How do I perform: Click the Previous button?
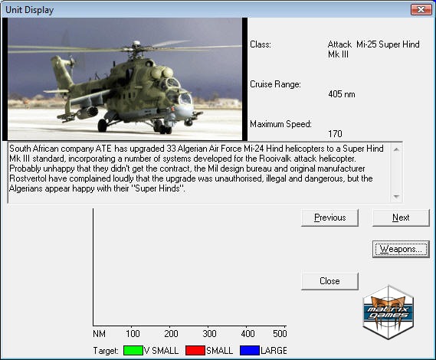point(329,218)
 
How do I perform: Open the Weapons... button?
point(401,249)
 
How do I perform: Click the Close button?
point(329,281)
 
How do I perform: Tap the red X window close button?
point(421,10)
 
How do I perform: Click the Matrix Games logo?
point(388,313)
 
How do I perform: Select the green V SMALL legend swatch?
point(133,351)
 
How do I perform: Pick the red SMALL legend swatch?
point(195,351)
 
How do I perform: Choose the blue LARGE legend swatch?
point(250,351)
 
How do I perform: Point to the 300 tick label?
point(209,334)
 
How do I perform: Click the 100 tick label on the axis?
point(133,334)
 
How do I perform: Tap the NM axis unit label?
point(99,334)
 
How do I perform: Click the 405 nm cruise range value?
point(342,94)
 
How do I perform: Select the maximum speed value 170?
point(335,134)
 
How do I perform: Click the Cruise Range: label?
point(275,84)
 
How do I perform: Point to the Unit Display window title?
point(29,10)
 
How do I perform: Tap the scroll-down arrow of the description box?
point(396,197)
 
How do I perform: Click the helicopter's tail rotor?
point(72,62)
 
